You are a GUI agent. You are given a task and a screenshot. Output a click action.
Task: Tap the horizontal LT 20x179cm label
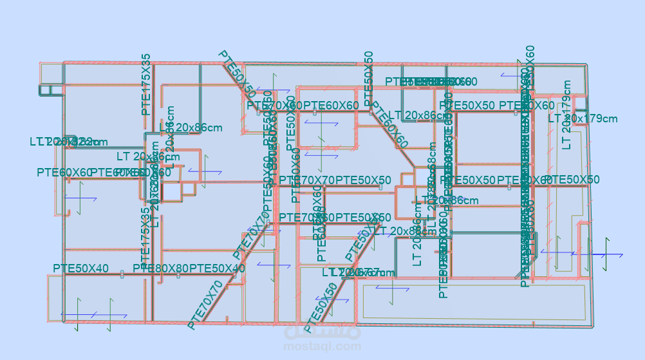583,118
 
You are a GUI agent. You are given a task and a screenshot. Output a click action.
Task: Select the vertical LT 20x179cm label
566,115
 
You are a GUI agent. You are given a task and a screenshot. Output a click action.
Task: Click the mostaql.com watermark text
322,346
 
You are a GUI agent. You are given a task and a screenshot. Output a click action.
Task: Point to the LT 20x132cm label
68,142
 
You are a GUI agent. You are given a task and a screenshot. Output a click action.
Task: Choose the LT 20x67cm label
359,272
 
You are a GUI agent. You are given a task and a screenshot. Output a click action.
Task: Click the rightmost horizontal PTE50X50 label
572,180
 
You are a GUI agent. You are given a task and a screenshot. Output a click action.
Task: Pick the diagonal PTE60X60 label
389,126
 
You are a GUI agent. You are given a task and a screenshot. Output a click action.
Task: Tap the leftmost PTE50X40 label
80,268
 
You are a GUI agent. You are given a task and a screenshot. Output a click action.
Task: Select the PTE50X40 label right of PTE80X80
217,268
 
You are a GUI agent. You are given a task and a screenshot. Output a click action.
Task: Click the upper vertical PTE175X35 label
146,84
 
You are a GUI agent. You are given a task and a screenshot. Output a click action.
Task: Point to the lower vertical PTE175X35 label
146,230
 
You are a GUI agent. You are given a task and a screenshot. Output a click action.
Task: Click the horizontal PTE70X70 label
306,180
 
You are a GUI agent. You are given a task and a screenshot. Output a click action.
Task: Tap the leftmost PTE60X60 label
64,172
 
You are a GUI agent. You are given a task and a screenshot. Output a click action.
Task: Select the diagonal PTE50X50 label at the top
237,74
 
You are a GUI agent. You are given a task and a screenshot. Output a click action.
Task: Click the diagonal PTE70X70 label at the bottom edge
205,305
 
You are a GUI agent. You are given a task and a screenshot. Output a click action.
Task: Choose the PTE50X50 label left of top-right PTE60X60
467,106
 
